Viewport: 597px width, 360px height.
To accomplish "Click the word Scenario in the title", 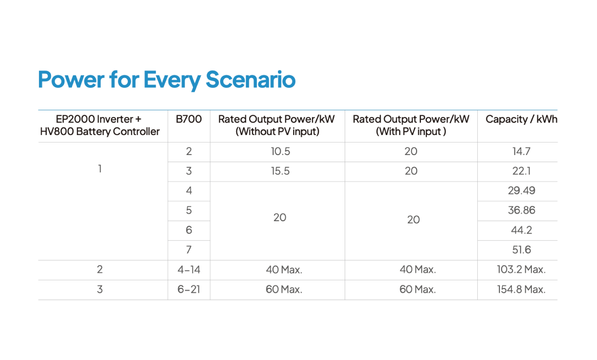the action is point(250,79).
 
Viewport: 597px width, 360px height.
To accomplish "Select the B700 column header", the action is point(189,119).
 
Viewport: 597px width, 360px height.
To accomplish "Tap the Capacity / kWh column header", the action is point(521,119).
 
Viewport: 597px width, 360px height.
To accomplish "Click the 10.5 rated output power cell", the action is point(280,152).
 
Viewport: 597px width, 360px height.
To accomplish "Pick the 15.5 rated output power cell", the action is point(280,171).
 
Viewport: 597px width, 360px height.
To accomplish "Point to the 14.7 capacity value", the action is point(521,152).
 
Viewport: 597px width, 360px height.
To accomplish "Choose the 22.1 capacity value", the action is point(521,171).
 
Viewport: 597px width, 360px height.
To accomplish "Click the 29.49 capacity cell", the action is point(521,190).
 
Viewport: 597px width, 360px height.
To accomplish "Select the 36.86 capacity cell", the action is point(521,210).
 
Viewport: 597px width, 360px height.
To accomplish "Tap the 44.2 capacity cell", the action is point(521,230).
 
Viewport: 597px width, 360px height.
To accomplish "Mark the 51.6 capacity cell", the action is point(521,250).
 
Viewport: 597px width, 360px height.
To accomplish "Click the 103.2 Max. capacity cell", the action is point(521,269).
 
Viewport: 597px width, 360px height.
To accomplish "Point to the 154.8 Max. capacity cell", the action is point(521,290).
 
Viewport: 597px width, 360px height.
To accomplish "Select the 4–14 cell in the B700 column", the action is point(189,269).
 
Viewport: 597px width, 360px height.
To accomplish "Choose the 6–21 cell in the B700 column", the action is point(189,290).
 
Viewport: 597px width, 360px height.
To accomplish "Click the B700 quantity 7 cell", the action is point(189,250).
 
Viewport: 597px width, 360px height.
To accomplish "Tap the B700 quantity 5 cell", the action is point(189,210).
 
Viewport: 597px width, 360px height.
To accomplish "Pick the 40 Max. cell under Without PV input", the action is point(284,269).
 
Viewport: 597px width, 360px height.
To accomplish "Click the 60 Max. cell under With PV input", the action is point(418,290).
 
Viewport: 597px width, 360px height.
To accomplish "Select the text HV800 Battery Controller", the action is point(100,131).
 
